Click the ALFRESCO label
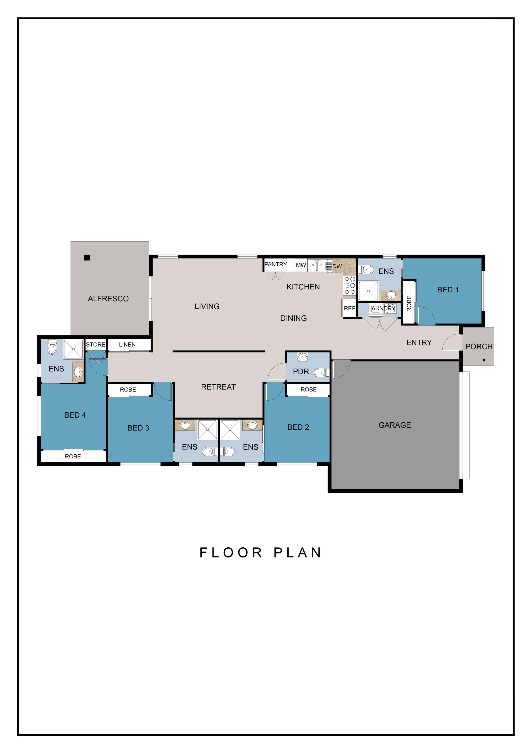108,299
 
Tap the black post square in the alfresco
87,257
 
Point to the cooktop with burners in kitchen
350,285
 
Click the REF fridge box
350,308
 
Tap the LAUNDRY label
382,308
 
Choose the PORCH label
479,347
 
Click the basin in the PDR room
302,357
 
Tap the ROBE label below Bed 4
73,456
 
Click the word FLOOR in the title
231,553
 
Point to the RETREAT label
218,387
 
